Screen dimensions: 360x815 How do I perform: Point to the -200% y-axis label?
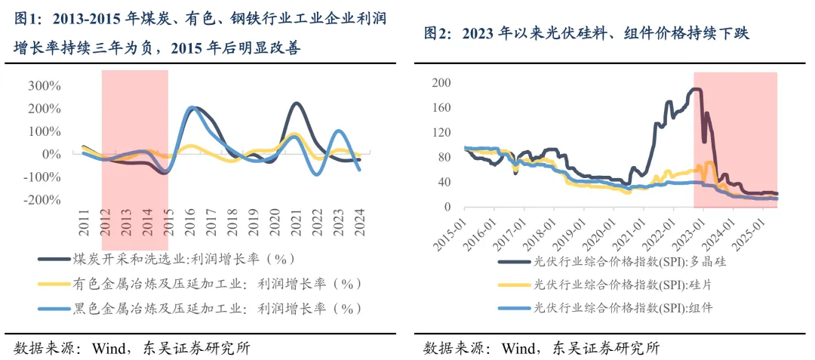coord(42,200)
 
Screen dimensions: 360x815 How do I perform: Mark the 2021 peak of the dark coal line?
coord(297,103)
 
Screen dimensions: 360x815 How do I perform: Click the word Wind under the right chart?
coord(518,348)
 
